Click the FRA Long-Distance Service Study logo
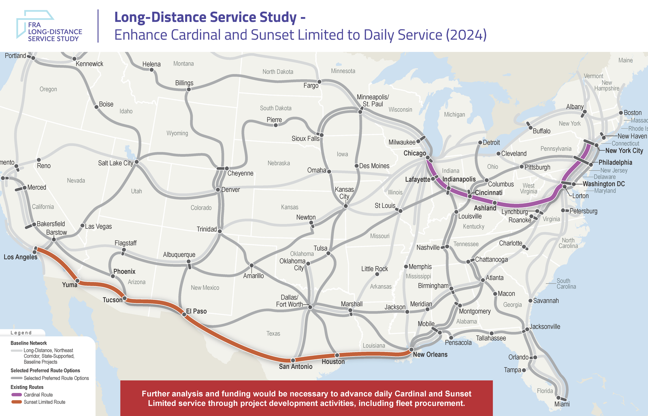click(49, 26)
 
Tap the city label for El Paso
click(196, 311)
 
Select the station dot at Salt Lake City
click(136, 162)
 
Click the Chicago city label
click(414, 153)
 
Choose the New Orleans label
click(430, 354)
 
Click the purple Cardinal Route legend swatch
click(17, 395)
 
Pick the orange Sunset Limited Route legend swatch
click(17, 402)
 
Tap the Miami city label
click(562, 404)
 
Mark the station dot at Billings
click(188, 89)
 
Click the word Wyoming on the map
click(177, 133)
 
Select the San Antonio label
click(296, 367)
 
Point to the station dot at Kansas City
click(345, 206)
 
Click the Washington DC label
click(603, 184)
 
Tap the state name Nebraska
click(279, 163)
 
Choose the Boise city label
click(106, 104)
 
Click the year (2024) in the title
click(466, 35)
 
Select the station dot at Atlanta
click(483, 280)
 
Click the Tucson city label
click(112, 300)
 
